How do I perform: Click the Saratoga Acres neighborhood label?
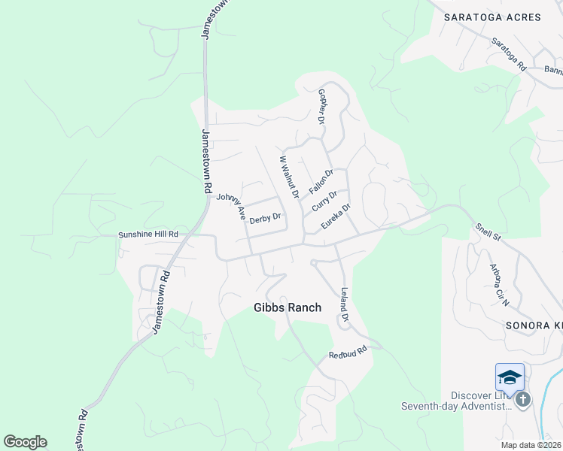[x=492, y=17]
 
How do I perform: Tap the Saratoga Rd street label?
[x=509, y=54]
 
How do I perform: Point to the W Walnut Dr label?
[x=290, y=177]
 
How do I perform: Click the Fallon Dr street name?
[x=321, y=181]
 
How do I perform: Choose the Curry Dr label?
[x=324, y=201]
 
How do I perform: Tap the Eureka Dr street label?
[x=336, y=216]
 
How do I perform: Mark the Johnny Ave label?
[x=232, y=207]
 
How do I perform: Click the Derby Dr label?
[x=265, y=219]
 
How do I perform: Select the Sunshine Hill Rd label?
[x=148, y=235]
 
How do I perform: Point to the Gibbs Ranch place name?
[x=288, y=307]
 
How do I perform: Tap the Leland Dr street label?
[x=345, y=304]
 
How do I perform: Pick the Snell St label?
[x=488, y=231]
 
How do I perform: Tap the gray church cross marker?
[x=523, y=398]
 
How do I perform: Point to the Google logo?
[x=25, y=442]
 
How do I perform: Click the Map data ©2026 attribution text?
[x=531, y=445]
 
